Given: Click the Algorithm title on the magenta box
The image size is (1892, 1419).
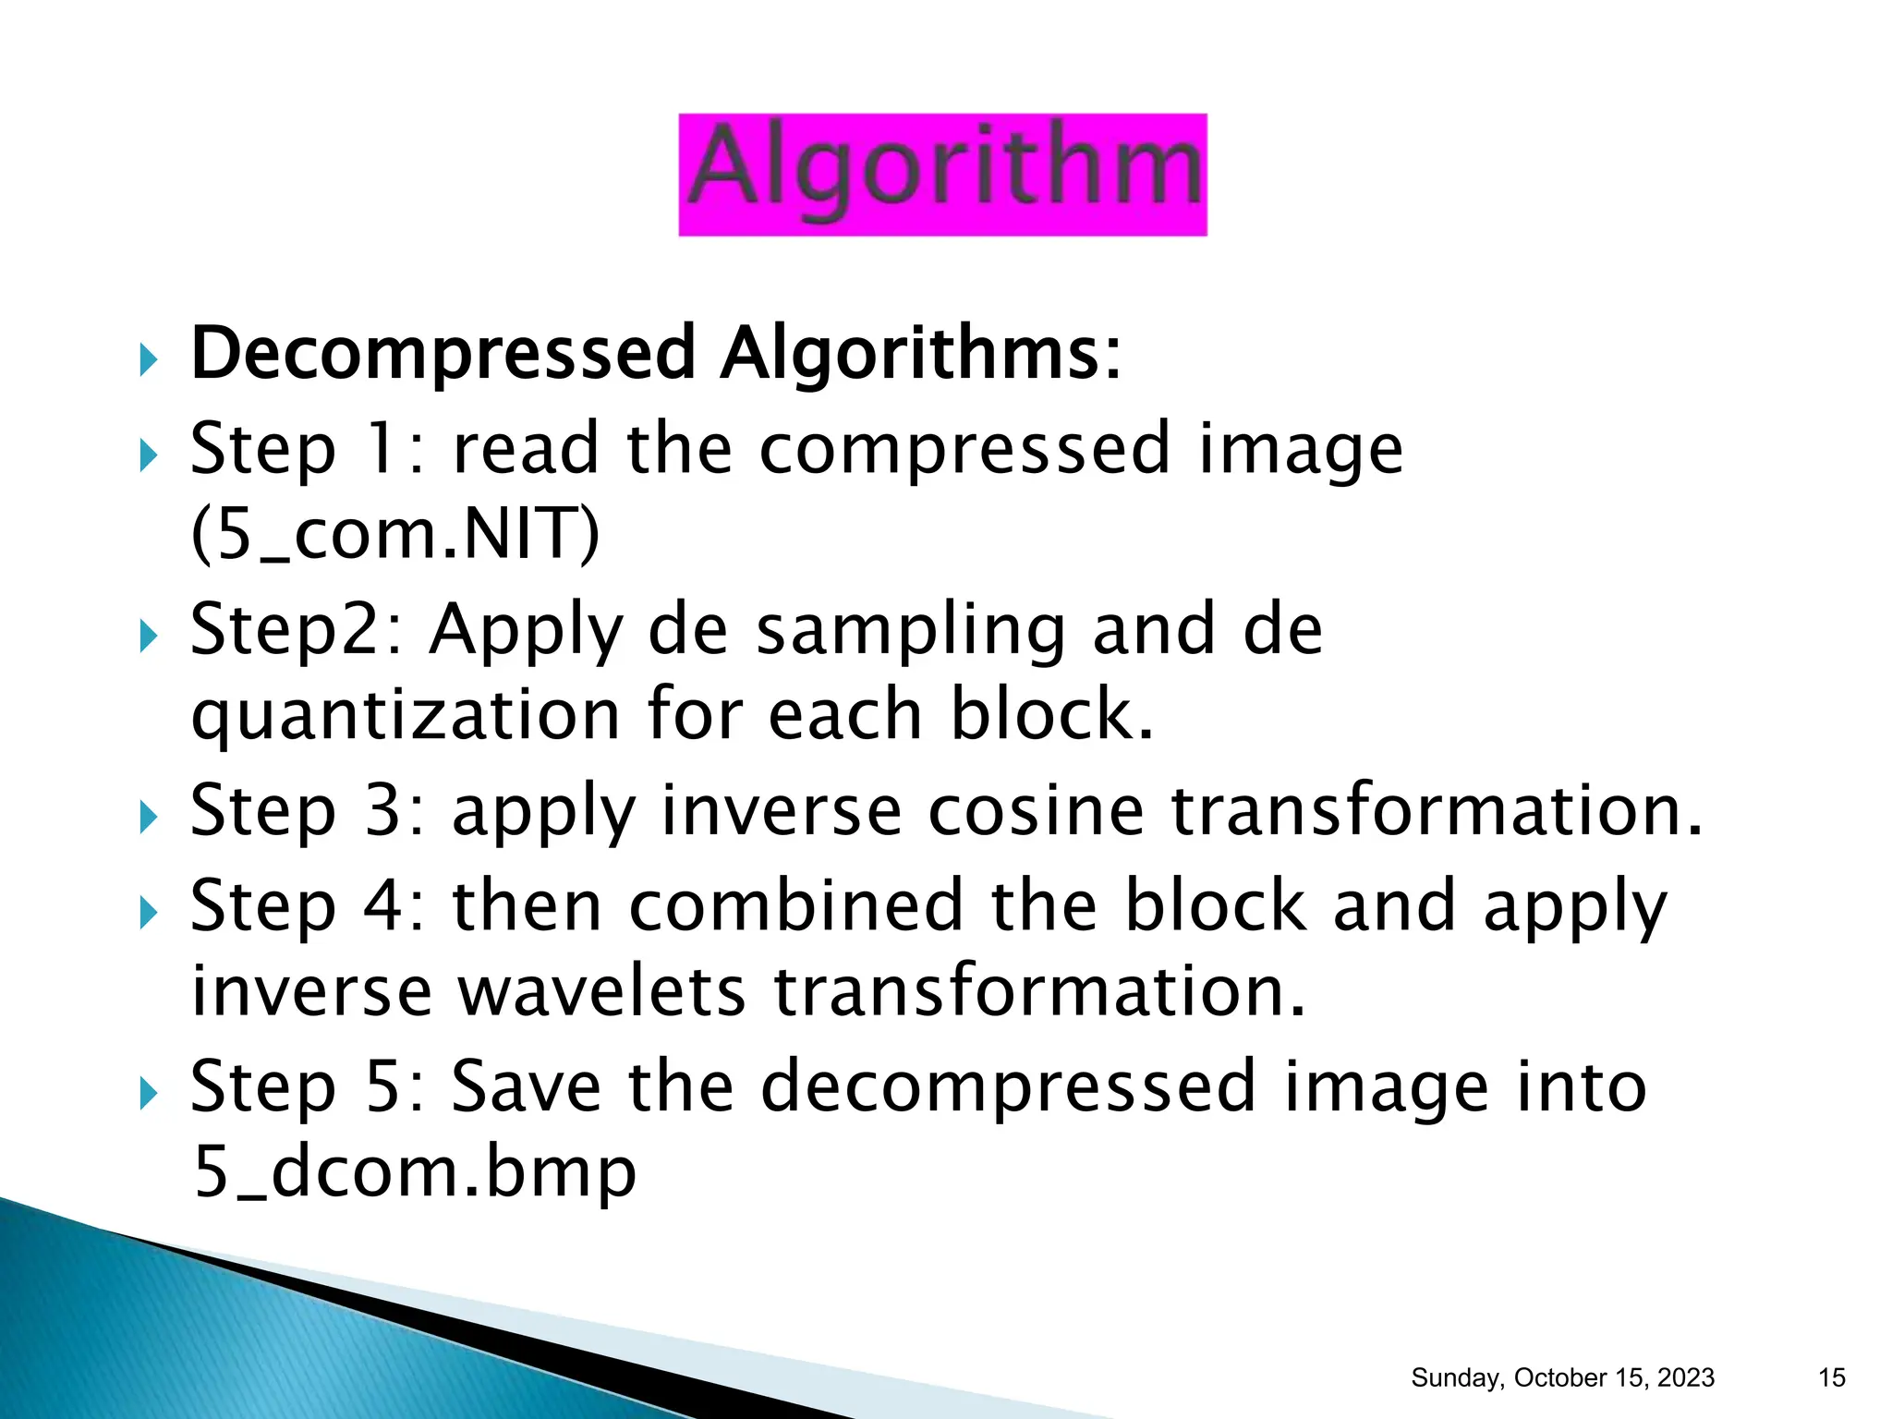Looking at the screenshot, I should (942, 173).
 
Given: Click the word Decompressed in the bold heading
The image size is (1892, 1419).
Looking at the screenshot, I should (443, 353).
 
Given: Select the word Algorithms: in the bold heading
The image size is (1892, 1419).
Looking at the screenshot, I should (920, 353).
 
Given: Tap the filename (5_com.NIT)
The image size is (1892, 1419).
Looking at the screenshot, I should (395, 534).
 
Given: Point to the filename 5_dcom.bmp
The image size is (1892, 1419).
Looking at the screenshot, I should (415, 1171).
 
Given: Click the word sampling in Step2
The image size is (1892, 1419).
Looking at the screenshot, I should (910, 630).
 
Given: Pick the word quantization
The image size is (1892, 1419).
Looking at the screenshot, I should (406, 716).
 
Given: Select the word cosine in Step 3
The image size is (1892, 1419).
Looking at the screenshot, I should (1036, 810).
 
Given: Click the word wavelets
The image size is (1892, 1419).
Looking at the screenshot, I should (601, 991).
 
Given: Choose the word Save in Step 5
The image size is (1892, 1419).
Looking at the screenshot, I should (526, 1086).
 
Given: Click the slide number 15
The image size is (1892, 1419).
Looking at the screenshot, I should (1831, 1377).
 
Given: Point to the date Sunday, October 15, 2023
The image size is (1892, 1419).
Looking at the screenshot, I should (1562, 1377).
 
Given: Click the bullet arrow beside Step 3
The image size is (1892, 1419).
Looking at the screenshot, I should (148, 817).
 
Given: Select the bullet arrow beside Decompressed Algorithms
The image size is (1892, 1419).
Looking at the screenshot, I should (148, 359).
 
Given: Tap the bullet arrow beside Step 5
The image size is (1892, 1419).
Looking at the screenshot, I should (148, 1095).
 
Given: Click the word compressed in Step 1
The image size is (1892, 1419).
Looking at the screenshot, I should (964, 449).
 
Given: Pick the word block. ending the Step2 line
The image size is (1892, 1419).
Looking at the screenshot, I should (1052, 716).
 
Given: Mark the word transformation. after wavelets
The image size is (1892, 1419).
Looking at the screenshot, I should (1039, 991).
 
